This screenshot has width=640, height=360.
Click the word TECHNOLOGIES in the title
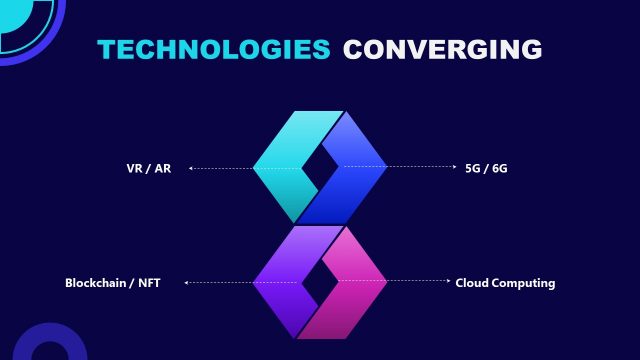[x=213, y=48]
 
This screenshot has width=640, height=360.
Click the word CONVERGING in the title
[x=442, y=48]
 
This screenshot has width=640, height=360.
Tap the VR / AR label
[x=141, y=168]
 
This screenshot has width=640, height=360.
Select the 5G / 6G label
[x=487, y=168]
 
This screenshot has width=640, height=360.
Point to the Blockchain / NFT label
[x=112, y=283]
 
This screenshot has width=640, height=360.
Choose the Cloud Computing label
[x=505, y=283]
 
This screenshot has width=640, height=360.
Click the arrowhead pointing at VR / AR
[x=190, y=168]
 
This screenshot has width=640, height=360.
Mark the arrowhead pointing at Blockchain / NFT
[x=186, y=283]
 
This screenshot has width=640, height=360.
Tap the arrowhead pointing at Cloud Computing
[x=448, y=283]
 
